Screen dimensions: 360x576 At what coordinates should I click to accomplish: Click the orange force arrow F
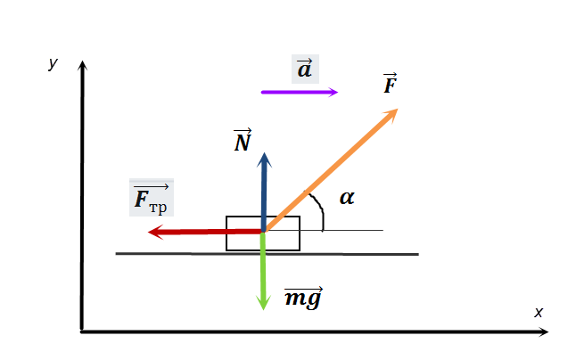pyautogui.click(x=330, y=170)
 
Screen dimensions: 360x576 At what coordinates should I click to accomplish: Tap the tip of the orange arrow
pyautogui.click(x=395, y=110)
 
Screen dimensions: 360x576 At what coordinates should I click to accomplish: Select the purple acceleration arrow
pyautogui.click(x=299, y=92)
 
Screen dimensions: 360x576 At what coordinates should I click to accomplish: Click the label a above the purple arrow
pyautogui.click(x=305, y=69)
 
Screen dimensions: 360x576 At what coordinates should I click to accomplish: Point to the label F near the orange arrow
pyautogui.click(x=390, y=86)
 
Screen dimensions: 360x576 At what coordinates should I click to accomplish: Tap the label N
pyautogui.click(x=243, y=141)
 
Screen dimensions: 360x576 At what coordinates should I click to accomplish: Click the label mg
pyautogui.click(x=302, y=299)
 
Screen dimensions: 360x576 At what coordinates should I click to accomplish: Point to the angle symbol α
pyautogui.click(x=347, y=198)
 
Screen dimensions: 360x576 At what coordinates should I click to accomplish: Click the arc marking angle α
pyautogui.click(x=317, y=209)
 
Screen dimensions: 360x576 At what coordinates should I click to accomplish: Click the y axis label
pyautogui.click(x=53, y=63)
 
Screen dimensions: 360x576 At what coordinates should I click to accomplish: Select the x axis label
pyautogui.click(x=538, y=312)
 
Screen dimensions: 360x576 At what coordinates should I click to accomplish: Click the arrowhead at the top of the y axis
pyautogui.click(x=82, y=67)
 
